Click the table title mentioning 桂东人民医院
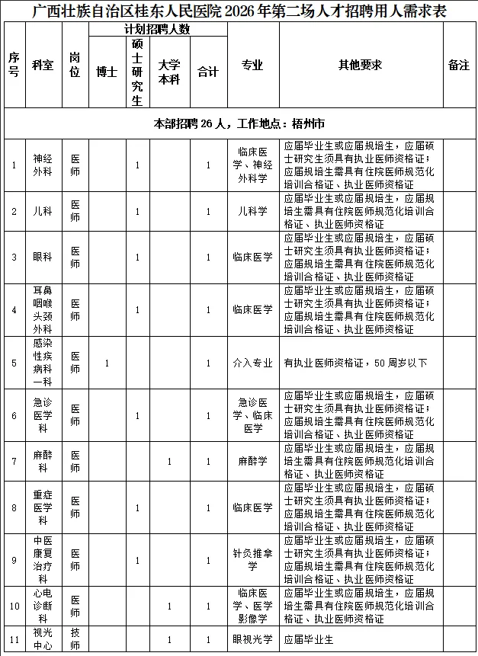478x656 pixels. pos(239,11)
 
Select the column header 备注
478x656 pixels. pos(459,66)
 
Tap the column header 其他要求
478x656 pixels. pos(361,66)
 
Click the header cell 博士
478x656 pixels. pos(107,72)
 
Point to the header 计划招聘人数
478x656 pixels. pos(158,29)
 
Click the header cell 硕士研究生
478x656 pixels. pos(137,72)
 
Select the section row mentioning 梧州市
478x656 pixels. pos(239,123)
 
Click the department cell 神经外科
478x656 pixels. pos(43,165)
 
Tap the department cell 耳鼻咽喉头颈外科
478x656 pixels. pos(43,309)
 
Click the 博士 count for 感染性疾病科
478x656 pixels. pos(107,363)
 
